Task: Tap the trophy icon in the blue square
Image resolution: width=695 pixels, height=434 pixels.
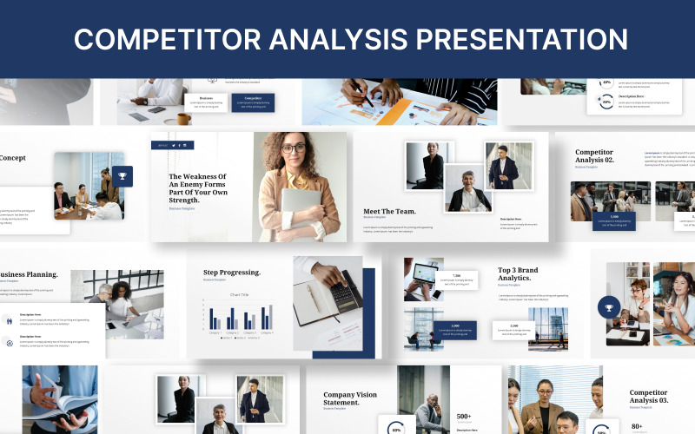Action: [122, 176]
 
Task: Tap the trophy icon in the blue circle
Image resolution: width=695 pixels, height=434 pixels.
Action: [609, 307]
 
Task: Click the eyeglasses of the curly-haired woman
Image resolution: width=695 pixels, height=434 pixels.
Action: [293, 148]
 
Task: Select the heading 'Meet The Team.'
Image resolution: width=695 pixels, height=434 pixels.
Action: [389, 211]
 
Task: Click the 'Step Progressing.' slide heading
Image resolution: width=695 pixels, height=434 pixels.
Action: [231, 273]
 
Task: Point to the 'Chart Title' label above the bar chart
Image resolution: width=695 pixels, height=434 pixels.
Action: [240, 295]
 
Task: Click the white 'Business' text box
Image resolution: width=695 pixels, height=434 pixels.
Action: [206, 102]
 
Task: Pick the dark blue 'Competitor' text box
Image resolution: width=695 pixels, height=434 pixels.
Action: [253, 102]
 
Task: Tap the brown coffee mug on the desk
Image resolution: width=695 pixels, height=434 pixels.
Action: [183, 118]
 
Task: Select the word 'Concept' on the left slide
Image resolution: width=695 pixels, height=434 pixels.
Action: [12, 158]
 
